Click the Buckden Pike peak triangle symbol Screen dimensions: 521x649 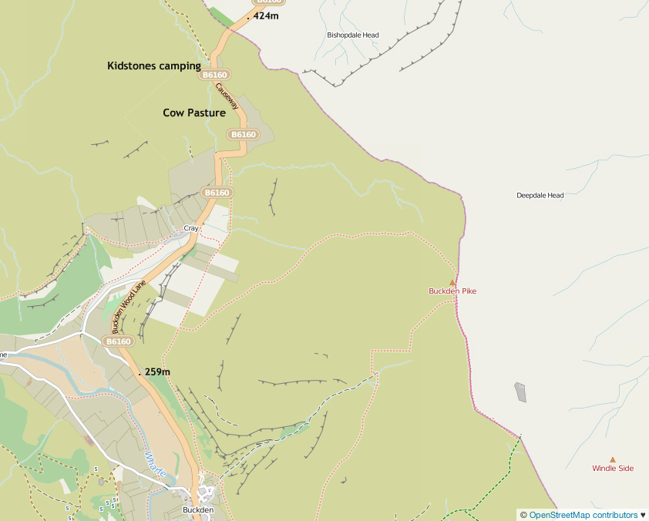(x=452, y=282)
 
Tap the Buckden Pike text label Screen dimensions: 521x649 (x=452, y=291)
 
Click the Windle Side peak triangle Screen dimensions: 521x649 (x=613, y=459)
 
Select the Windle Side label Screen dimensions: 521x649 (x=613, y=469)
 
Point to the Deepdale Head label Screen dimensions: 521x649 (x=540, y=196)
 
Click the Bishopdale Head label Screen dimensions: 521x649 (x=353, y=35)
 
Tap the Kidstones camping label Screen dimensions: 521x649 (x=153, y=66)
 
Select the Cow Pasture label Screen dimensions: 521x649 (x=194, y=113)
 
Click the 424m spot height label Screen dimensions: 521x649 (x=265, y=15)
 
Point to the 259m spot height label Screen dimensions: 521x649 (x=157, y=371)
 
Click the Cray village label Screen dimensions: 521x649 (x=191, y=229)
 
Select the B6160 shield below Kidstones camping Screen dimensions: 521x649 (x=214, y=75)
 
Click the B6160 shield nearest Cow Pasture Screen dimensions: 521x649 (x=243, y=134)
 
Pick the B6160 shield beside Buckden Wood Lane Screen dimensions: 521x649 (x=119, y=341)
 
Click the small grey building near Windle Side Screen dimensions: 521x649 (x=521, y=392)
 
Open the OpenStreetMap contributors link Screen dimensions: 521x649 (x=583, y=515)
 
